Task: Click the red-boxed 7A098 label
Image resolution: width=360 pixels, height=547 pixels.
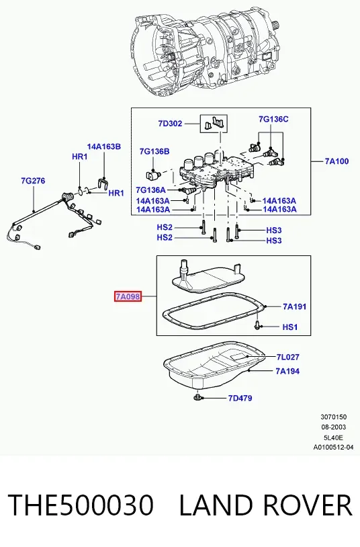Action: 128,297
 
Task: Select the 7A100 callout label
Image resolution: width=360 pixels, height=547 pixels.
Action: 336,161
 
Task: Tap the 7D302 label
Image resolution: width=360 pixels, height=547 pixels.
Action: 170,124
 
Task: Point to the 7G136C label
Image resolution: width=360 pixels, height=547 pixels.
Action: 273,120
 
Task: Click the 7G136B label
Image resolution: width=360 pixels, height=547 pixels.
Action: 154,151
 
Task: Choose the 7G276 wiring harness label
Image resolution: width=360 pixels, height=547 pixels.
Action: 33,181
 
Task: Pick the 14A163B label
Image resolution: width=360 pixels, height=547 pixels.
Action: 104,146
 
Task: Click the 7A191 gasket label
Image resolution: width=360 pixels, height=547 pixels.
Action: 294,306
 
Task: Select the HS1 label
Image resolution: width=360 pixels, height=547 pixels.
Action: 290,327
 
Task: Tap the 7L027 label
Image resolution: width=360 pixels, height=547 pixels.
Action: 287,357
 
